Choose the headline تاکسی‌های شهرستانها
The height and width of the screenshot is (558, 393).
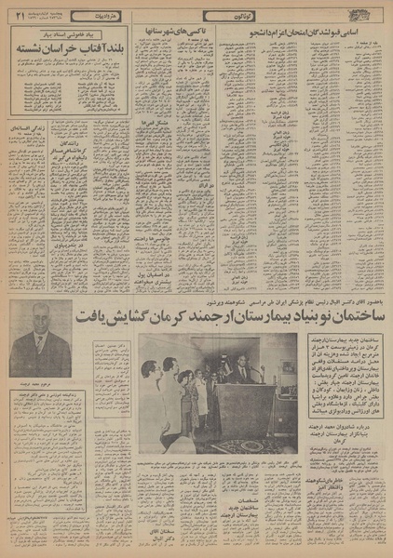pyautogui.click(x=169, y=33)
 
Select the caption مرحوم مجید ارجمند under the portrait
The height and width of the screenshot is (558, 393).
pyautogui.click(x=39, y=381)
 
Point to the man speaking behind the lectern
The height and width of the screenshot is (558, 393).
pyautogui.click(x=244, y=374)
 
